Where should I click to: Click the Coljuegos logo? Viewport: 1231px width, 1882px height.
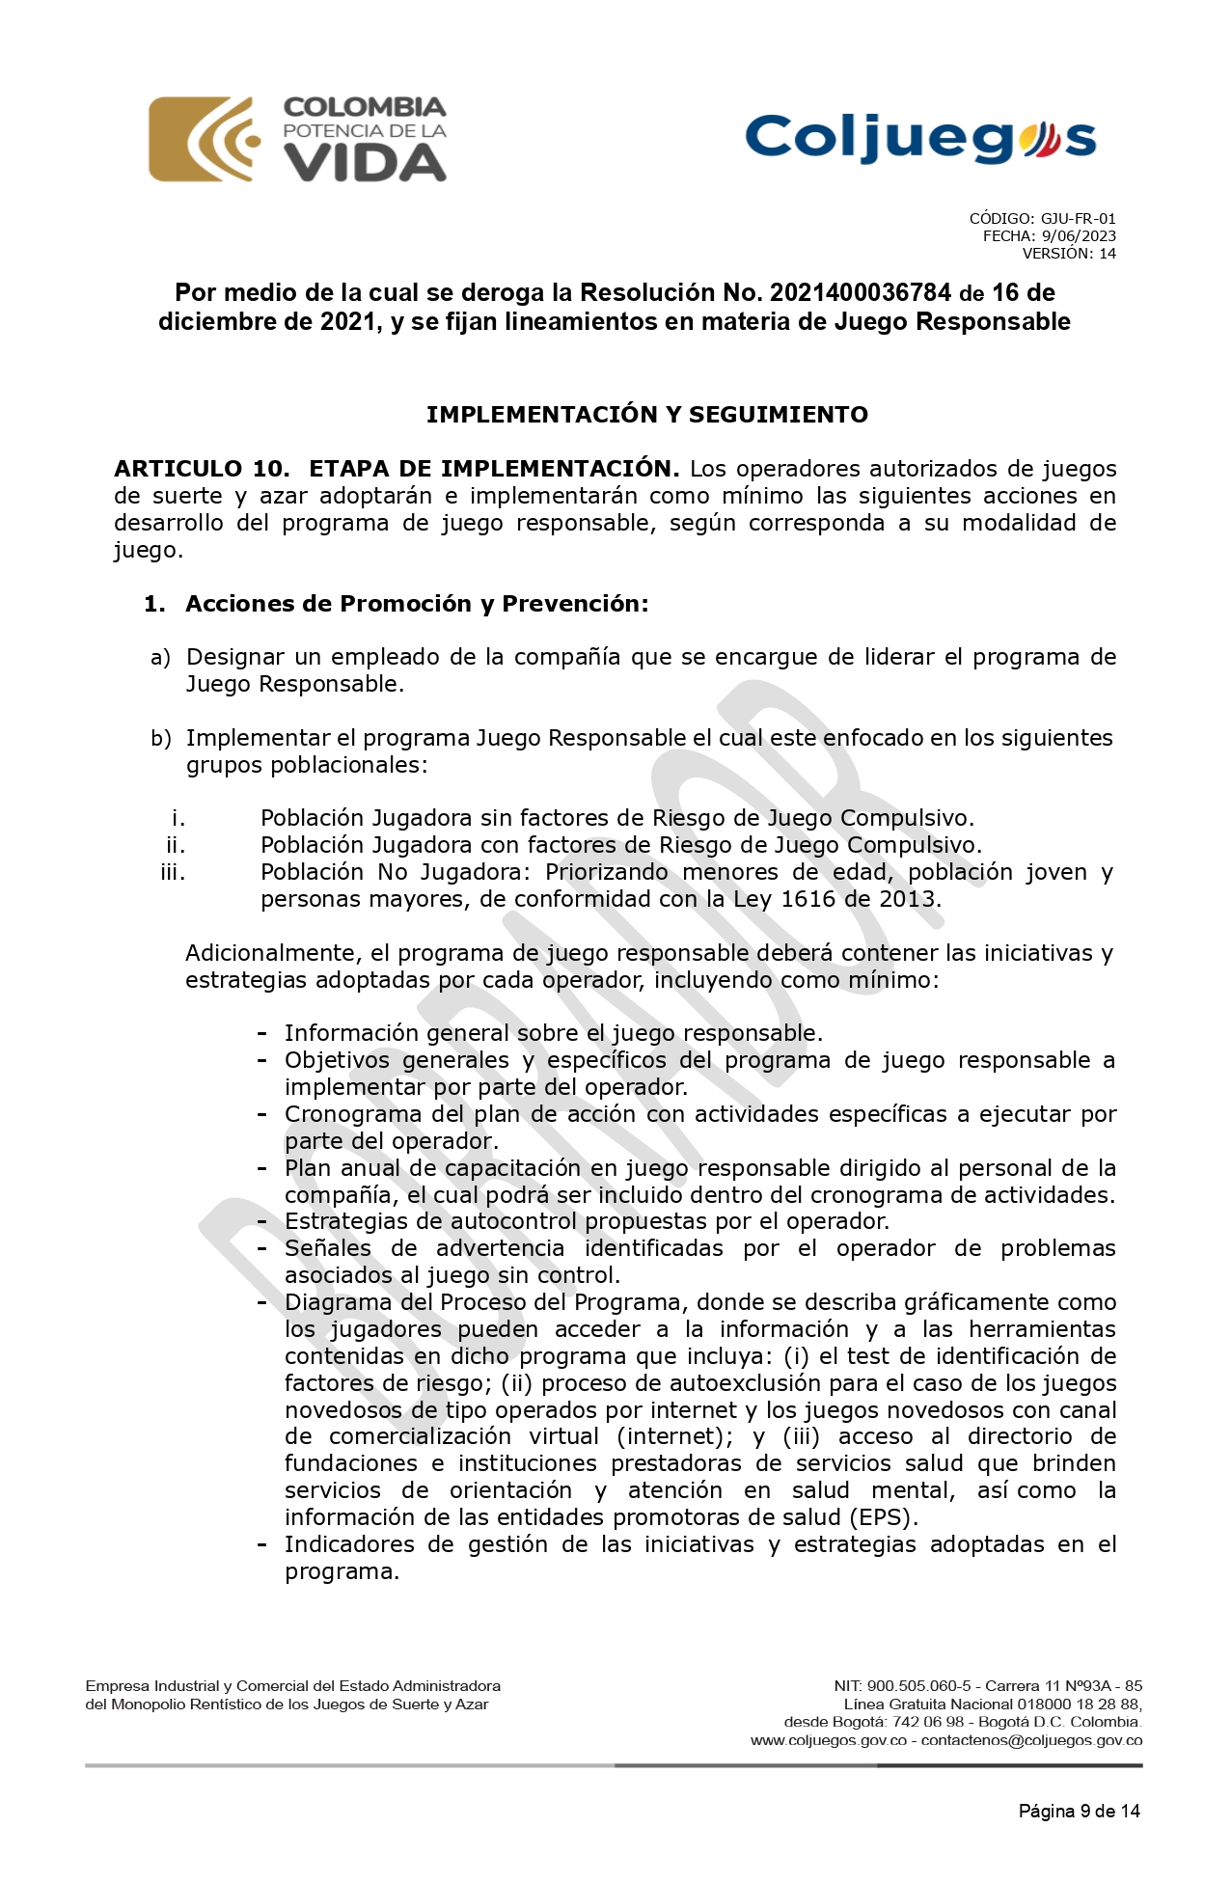pos(920,139)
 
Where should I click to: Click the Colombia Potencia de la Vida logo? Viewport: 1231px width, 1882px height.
pos(297,140)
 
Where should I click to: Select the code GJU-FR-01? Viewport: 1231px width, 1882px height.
pos(1078,219)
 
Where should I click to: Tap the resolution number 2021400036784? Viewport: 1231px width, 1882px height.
pos(861,293)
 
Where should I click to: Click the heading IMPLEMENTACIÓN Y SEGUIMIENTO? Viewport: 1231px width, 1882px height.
pos(647,415)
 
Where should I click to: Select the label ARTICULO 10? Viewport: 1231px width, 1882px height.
pos(202,469)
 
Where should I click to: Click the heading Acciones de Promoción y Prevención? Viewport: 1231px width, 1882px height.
pos(417,604)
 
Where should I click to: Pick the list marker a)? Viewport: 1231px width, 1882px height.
pos(160,658)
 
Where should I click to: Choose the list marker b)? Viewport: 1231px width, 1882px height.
pos(160,739)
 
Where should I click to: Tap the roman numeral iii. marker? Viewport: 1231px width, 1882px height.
pos(173,873)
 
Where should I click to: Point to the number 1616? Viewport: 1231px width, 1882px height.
pos(807,900)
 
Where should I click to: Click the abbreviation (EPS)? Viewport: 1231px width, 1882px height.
pos(881,1517)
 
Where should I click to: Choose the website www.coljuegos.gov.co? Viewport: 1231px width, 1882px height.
pos(829,1741)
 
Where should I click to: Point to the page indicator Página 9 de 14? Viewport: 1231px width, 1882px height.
pos(1079,1812)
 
